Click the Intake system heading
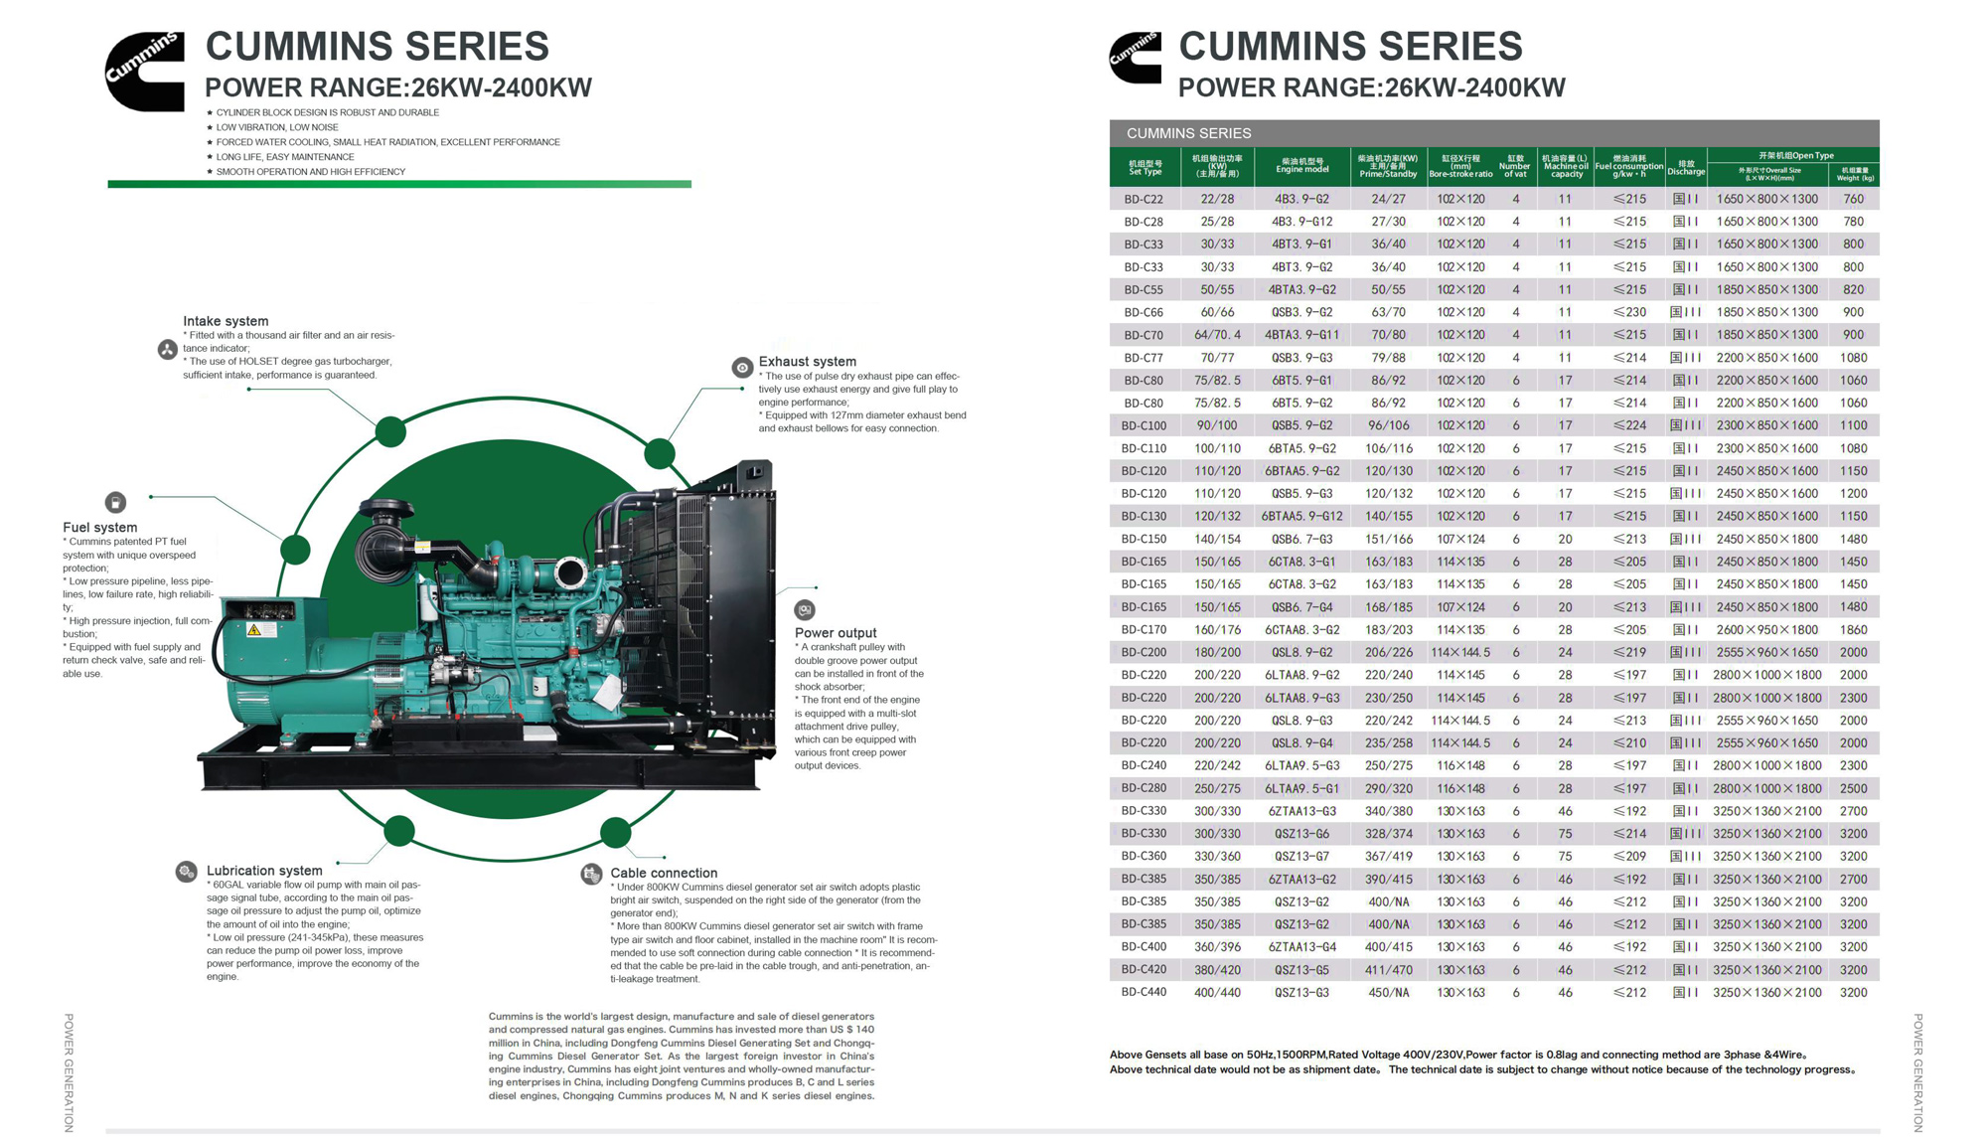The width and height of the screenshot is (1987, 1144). [226, 321]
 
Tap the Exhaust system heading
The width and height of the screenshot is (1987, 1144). [807, 362]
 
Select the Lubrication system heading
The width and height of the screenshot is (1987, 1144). [264, 871]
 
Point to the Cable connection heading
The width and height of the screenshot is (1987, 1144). [664, 873]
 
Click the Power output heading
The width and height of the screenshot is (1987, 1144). [836, 633]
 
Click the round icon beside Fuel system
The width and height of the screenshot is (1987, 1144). [116, 503]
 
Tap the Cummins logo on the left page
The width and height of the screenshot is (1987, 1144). [145, 71]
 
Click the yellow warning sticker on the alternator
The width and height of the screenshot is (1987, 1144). [254, 629]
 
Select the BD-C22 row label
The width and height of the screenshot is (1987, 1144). [1144, 199]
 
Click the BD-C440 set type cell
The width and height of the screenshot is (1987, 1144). [1144, 992]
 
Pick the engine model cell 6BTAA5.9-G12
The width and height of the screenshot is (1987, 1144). [1301, 516]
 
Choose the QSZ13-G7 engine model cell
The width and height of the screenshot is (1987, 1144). [1301, 856]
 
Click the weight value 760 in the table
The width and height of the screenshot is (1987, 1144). [1853, 199]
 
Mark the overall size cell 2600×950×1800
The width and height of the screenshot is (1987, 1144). [1766, 629]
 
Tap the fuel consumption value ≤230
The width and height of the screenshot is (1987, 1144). [1629, 312]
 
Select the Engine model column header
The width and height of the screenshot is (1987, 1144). [1301, 166]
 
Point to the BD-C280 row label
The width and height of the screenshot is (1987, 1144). [1144, 788]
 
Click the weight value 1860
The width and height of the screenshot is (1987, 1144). [1853, 629]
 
